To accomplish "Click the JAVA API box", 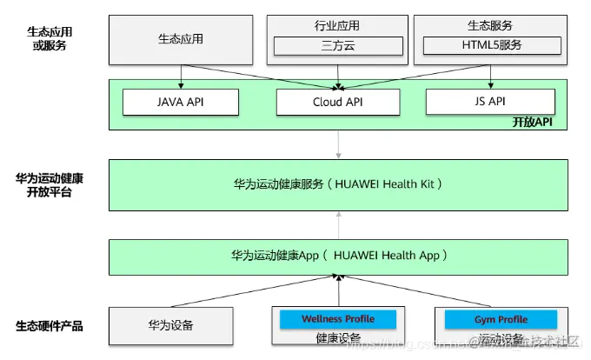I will pyautogui.click(x=180, y=102).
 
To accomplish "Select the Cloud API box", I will pyautogui.click(x=338, y=102).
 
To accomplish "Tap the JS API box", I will pyautogui.click(x=490, y=102).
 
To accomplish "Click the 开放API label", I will pyautogui.click(x=538, y=122).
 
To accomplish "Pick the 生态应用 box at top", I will pyautogui.click(x=181, y=39).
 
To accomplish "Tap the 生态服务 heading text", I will pyautogui.click(x=490, y=25).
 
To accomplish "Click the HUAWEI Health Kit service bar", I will pyautogui.click(x=338, y=184).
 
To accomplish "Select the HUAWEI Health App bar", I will pyautogui.click(x=338, y=256).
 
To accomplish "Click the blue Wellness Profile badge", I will pyautogui.click(x=337, y=319).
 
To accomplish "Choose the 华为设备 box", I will pyautogui.click(x=171, y=326).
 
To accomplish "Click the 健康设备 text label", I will pyautogui.click(x=337, y=338).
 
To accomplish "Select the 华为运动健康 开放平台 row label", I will pyautogui.click(x=50, y=185).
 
